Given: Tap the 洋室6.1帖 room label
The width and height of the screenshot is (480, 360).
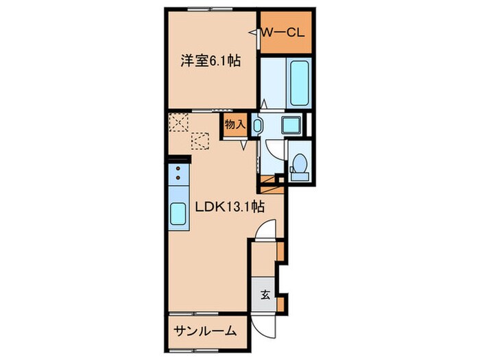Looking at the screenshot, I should pyautogui.click(x=210, y=61).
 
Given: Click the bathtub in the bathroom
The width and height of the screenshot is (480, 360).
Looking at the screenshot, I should pyautogui.click(x=300, y=83).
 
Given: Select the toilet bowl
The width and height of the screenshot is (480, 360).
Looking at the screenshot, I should pyautogui.click(x=299, y=167).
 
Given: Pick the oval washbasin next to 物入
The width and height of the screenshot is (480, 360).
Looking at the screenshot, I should pyautogui.click(x=257, y=125).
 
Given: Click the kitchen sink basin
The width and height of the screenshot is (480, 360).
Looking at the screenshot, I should pyautogui.click(x=178, y=215).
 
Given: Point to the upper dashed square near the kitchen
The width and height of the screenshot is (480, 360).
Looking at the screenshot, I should pyautogui.click(x=179, y=123).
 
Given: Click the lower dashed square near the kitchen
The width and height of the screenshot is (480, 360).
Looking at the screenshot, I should pyautogui.click(x=201, y=141).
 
